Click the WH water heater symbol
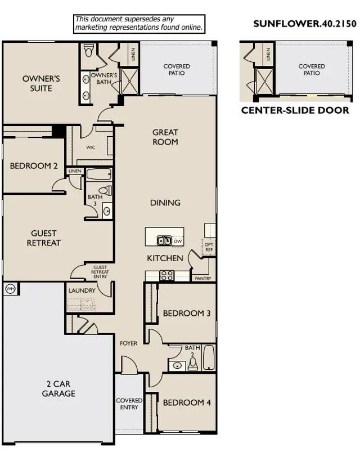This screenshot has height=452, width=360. [10, 289]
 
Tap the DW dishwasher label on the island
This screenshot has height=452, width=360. [178, 241]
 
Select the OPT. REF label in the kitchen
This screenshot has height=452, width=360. [209, 247]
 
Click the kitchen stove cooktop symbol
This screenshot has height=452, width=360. [166, 275]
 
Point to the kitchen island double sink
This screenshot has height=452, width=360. [164, 240]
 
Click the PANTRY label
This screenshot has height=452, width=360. [203, 279]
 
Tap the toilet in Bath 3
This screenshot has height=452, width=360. [105, 191]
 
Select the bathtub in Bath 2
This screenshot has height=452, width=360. [209, 357]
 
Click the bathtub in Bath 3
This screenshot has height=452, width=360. [99, 174]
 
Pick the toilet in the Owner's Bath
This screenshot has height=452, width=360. [89, 50]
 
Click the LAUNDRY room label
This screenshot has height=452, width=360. [82, 290]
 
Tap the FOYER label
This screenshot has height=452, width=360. [128, 343]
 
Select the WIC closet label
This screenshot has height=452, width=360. [91, 147]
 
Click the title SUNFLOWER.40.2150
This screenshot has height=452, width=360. [305, 24]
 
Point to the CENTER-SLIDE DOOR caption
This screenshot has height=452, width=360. [295, 110]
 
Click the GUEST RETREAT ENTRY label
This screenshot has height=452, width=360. [100, 272]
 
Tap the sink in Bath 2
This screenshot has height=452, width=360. [177, 365]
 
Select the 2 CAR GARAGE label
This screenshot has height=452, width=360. [58, 388]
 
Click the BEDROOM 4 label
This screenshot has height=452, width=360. [187, 402]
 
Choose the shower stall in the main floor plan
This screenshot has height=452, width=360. [129, 81]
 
